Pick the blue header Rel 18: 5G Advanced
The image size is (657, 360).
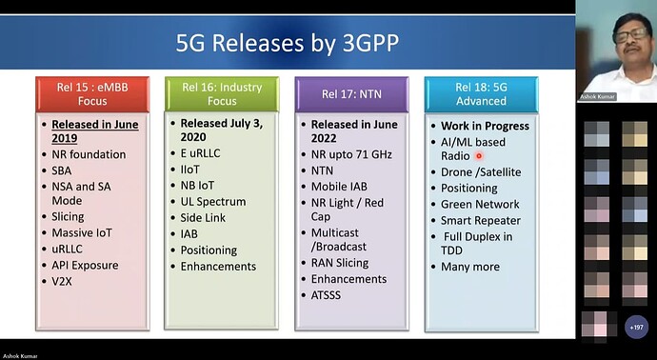[x=482, y=93]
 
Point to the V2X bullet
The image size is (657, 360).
[x=65, y=282]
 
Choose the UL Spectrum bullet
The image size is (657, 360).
[x=213, y=202]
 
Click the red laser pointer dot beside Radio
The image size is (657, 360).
[x=479, y=156]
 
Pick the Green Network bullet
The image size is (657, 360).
[x=480, y=204]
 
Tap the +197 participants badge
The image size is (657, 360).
[x=635, y=327]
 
